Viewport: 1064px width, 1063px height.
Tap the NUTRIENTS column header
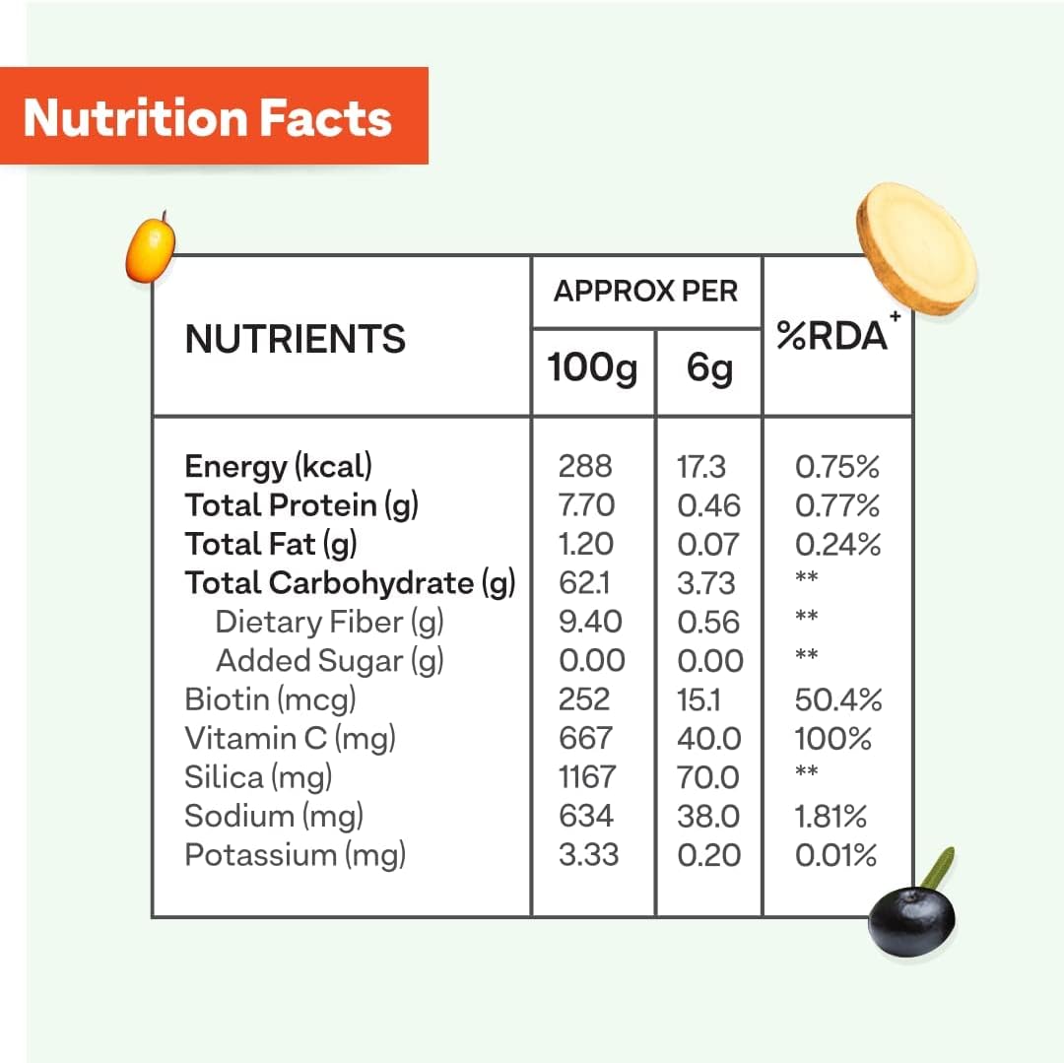[x=295, y=339]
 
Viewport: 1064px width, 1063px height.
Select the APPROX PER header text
[x=645, y=291]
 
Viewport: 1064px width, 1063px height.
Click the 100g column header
[x=592, y=368]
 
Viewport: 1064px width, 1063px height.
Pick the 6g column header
[x=709, y=368]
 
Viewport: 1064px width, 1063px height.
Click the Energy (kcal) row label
[x=279, y=466]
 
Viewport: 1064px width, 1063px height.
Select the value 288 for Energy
[x=585, y=466]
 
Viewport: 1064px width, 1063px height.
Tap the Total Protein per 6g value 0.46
[x=708, y=505]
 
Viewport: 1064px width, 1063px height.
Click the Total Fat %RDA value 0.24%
[x=837, y=544]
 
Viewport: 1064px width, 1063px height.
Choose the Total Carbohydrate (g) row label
[x=350, y=583]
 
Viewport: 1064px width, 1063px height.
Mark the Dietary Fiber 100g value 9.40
[x=591, y=622]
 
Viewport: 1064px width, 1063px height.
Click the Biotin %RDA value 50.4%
[x=837, y=699]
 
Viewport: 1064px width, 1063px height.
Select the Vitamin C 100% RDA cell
[x=832, y=738]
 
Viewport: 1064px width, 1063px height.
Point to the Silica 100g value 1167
[x=586, y=777]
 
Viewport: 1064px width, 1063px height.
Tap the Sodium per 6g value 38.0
[x=708, y=816]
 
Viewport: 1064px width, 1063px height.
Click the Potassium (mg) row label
[x=295, y=855]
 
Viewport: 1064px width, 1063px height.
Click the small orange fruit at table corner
[x=151, y=247]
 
